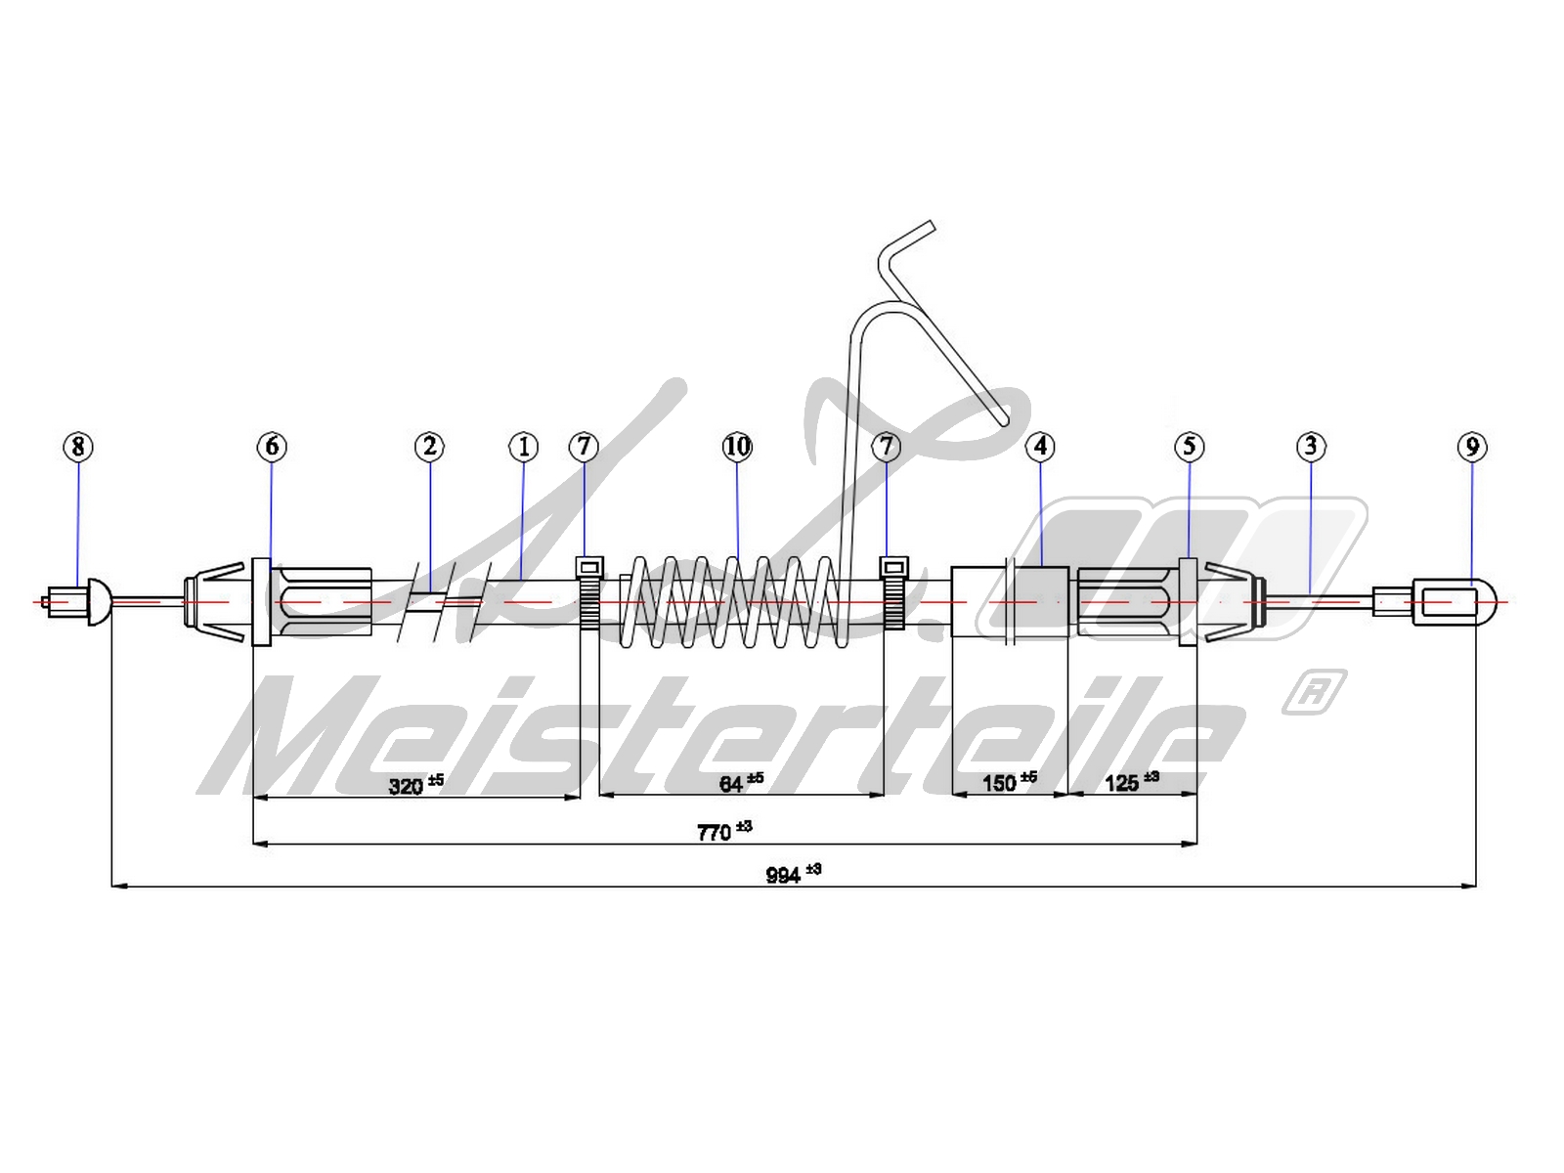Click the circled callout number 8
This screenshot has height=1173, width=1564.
click(x=78, y=447)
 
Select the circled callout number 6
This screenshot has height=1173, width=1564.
click(x=272, y=447)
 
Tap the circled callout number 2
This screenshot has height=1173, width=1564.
click(x=429, y=447)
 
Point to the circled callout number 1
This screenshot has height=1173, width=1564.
click(x=524, y=447)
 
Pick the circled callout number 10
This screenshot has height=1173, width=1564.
click(x=737, y=447)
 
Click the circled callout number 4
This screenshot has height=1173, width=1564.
click(x=1040, y=447)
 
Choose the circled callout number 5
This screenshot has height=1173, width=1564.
click(x=1189, y=447)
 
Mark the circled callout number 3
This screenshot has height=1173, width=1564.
click(x=1311, y=447)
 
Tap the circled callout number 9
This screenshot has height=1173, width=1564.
click(x=1472, y=447)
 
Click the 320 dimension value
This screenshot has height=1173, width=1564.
click(x=407, y=785)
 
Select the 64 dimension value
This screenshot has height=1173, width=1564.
click(x=732, y=784)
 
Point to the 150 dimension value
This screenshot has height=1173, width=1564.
click(x=1000, y=783)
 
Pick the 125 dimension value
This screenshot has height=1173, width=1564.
click(x=1122, y=783)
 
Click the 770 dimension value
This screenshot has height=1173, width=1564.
click(x=715, y=832)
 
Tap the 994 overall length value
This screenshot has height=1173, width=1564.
click(x=784, y=875)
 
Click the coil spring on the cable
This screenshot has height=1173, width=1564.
click(x=733, y=603)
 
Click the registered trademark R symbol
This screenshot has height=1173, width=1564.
click(x=1315, y=691)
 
